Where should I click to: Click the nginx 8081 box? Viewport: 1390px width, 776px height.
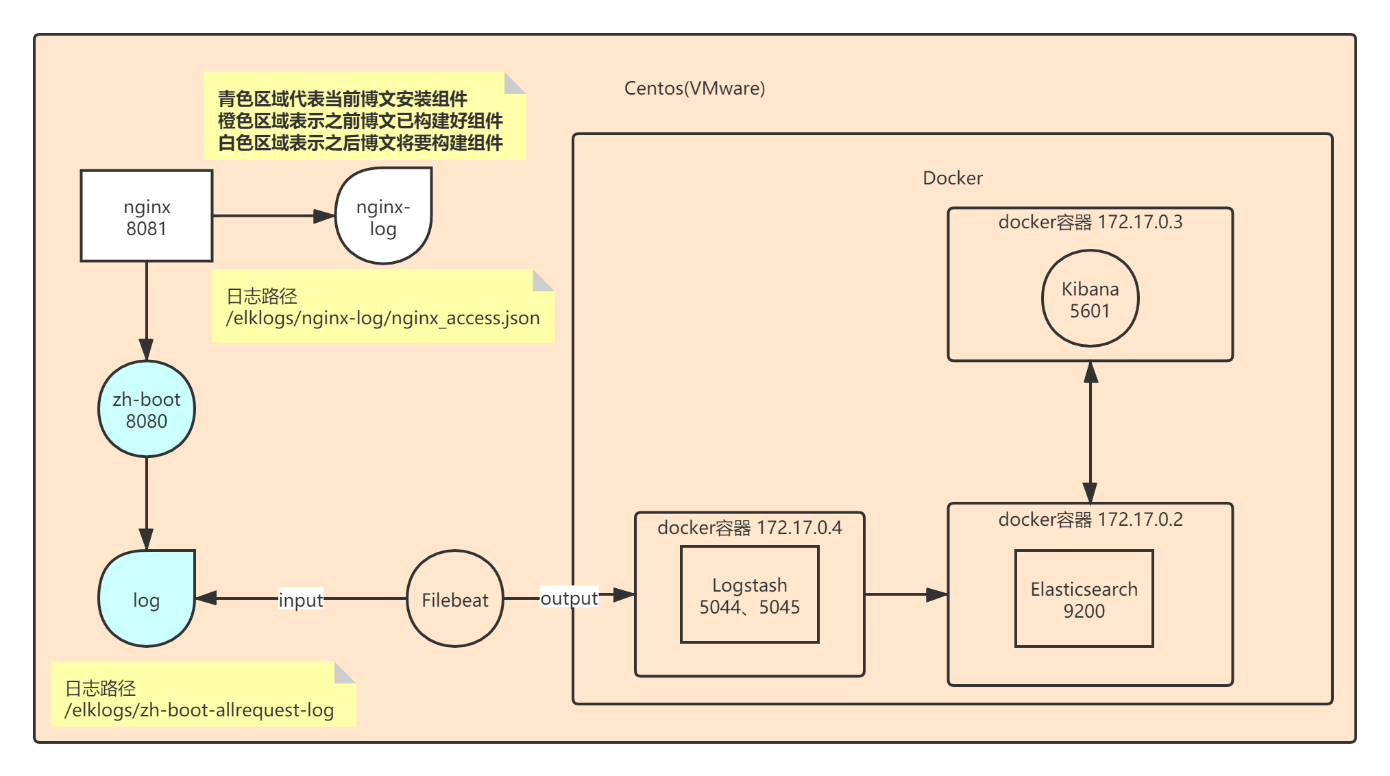(146, 216)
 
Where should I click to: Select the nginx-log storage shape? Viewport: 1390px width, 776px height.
(383, 216)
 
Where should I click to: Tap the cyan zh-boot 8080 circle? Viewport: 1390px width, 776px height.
(146, 409)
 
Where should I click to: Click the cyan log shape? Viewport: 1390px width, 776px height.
(146, 599)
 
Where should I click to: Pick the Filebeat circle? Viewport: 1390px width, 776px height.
(454, 599)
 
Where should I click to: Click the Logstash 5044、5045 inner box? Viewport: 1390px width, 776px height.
(749, 595)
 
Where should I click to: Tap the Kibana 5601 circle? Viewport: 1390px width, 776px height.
(1090, 299)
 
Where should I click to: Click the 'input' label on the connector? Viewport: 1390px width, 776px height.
(300, 600)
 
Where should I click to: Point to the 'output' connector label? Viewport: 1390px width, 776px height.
(569, 598)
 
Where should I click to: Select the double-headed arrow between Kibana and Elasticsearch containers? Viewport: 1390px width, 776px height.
(1090, 432)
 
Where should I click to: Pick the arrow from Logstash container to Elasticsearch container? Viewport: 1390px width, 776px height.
(905, 594)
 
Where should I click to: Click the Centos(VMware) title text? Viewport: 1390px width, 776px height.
(694, 88)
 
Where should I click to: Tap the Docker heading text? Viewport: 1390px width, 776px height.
(952, 178)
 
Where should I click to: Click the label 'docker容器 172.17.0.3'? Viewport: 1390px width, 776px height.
(1090, 222)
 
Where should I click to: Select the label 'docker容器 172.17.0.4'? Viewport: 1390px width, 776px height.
(749, 528)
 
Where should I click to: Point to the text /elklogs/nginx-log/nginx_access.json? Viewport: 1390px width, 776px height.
(382, 318)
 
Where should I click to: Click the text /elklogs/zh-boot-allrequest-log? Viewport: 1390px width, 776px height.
(199, 710)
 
